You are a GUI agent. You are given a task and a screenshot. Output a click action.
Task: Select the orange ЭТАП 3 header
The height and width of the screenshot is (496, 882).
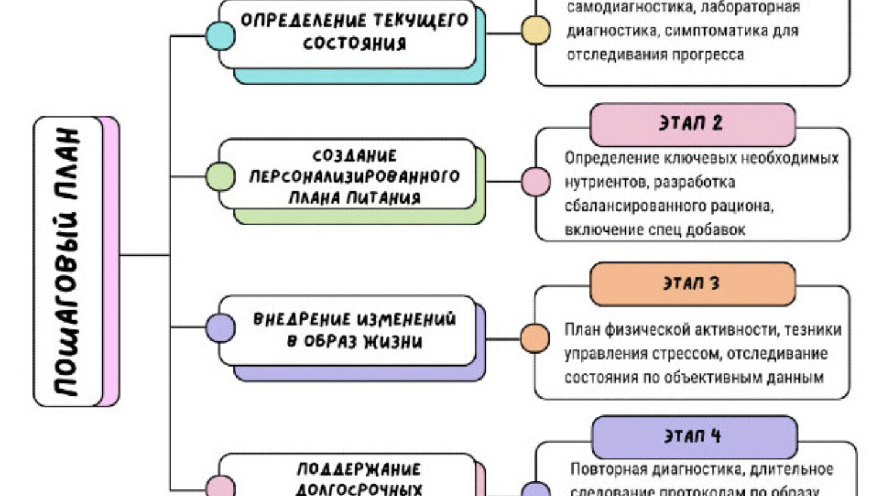692,284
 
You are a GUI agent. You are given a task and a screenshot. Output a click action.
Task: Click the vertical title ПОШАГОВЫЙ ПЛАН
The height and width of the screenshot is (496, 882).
67,261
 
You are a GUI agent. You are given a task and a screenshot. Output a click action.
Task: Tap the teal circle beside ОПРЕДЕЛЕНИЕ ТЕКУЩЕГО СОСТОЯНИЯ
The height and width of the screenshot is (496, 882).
220,36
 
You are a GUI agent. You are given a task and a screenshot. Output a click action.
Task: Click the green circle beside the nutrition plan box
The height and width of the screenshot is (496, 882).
220,176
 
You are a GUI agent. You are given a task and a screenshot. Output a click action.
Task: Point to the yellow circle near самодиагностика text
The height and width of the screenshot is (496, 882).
535,30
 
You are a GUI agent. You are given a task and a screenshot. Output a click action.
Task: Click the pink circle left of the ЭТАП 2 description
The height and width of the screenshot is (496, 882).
535,182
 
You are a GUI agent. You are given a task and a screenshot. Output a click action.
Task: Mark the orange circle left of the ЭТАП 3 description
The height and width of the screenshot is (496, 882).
534,339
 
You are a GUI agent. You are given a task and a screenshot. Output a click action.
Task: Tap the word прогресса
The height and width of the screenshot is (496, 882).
701,54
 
